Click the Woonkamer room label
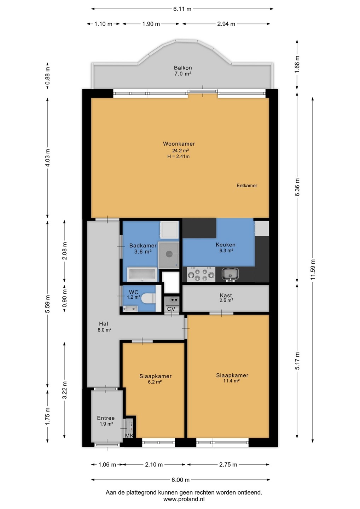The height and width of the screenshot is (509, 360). point(179,144)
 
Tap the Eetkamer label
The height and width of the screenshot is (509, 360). point(247,186)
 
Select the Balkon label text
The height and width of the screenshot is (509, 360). point(183,68)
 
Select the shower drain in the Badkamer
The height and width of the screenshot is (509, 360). point(169,253)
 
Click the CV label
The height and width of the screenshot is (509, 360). point(171,309)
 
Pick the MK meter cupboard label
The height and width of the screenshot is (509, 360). point(129,435)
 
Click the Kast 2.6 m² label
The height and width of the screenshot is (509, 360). point(226,298)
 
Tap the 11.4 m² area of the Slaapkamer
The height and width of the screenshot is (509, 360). point(232,381)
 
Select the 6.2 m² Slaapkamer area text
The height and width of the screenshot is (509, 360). point(155,382)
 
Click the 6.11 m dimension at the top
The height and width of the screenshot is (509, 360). point(182,9)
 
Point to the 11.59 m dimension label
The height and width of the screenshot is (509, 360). point(313,270)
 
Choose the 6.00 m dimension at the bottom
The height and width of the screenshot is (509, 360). point(180,480)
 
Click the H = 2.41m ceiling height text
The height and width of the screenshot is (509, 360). point(179,156)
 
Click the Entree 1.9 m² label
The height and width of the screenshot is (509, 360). point(106,421)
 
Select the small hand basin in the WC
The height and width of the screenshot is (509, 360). point(130,308)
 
